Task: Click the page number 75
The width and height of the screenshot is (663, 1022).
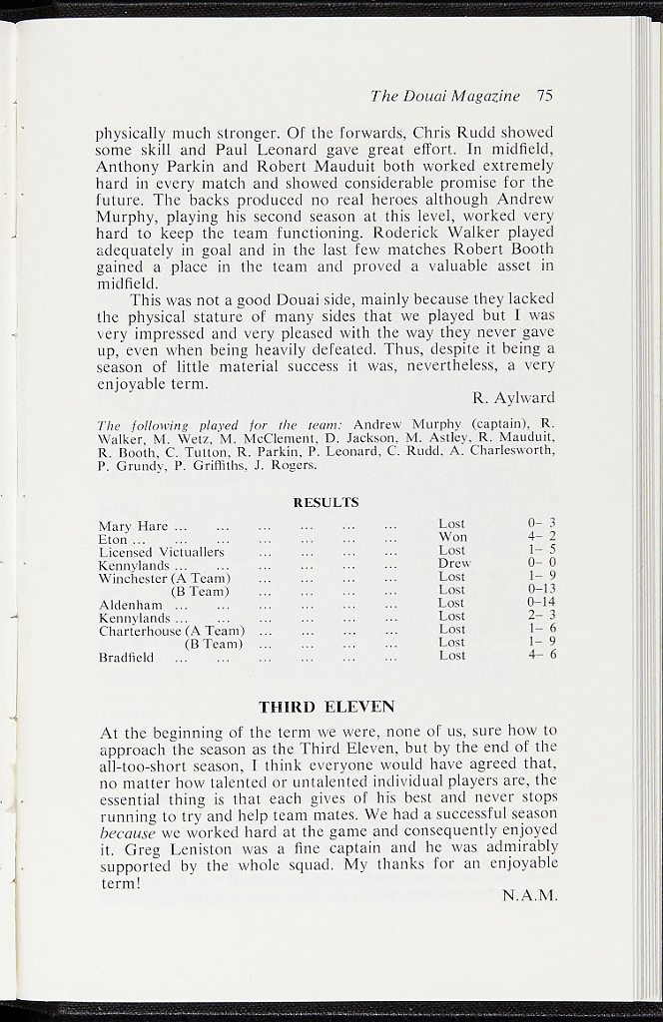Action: [x=544, y=97]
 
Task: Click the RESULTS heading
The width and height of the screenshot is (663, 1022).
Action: [x=326, y=502]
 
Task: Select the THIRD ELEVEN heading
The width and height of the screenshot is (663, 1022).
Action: [x=327, y=707]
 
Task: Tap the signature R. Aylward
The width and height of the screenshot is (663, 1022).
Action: [x=513, y=397]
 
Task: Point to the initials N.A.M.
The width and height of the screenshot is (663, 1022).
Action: [x=529, y=894]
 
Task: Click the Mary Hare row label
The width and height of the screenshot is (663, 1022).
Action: [x=133, y=526]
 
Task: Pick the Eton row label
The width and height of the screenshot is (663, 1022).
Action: [x=113, y=540]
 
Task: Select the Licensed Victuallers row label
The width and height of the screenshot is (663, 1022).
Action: [x=161, y=552]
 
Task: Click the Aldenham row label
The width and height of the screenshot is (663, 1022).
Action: [x=131, y=605]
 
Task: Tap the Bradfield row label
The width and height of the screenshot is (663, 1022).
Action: [x=126, y=658]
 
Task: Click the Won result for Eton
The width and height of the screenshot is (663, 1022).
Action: [x=452, y=537]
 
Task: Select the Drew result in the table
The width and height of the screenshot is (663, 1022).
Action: [x=454, y=563]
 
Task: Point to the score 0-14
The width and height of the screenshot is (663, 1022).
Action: [x=541, y=603]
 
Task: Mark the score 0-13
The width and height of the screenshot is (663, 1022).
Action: [x=541, y=590]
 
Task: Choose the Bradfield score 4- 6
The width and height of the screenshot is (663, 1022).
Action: [x=541, y=655]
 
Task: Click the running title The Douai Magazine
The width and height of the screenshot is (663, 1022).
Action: [x=445, y=97]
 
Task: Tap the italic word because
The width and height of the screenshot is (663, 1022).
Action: [x=128, y=832]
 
